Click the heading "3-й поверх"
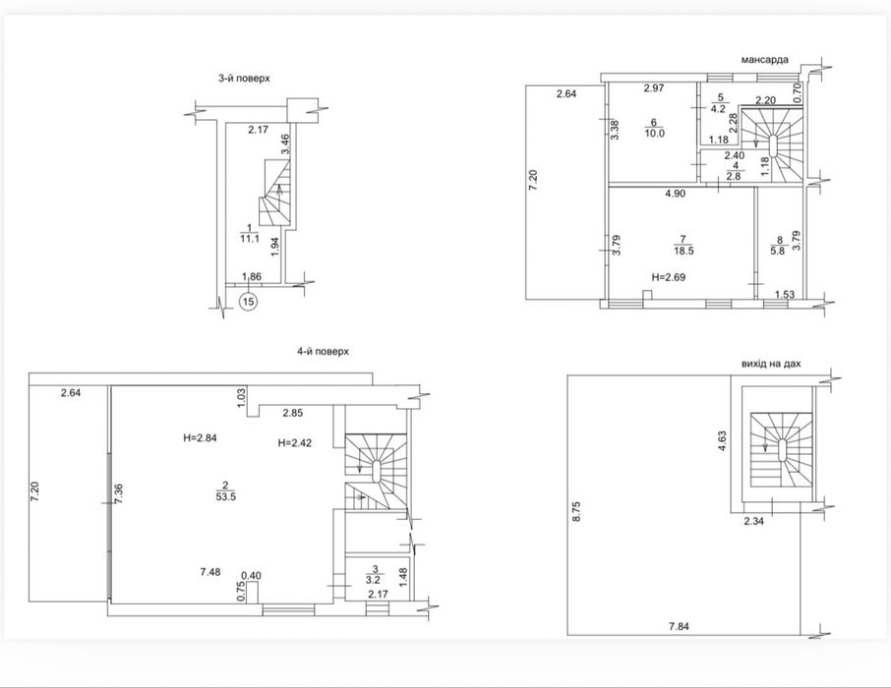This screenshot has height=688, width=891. tap(244, 79)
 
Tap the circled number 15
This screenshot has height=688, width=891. tap(249, 301)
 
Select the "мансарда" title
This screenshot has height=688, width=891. tap(765, 59)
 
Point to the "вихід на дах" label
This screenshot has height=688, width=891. tap(771, 363)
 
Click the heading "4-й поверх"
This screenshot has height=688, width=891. tap(323, 351)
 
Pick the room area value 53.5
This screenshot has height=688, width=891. tap(225, 496)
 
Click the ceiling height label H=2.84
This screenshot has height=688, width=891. tap(200, 437)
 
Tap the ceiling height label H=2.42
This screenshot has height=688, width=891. tap(295, 442)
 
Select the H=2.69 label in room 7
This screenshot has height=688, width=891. tap(669, 277)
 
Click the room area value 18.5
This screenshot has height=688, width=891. tap(683, 251)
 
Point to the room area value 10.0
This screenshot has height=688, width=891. tap(654, 134)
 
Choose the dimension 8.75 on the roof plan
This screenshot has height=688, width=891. tap(577, 511)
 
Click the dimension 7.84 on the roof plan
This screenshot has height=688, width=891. tap(679, 627)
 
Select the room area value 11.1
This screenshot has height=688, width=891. tap(250, 239)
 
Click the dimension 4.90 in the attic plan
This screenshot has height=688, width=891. tap(676, 194)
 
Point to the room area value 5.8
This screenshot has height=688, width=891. tap(777, 251)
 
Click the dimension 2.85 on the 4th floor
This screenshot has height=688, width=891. tap(293, 413)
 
